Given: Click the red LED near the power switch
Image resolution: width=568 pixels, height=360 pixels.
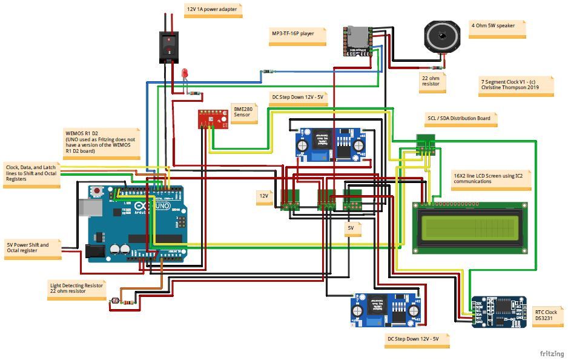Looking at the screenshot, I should tap(185, 74).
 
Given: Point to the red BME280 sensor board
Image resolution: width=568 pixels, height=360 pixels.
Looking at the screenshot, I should tap(213, 119).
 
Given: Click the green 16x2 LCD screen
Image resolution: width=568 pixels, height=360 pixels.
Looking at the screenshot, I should tap(470, 228).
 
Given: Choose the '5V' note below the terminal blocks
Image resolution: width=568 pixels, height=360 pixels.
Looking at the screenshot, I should tap(351, 228).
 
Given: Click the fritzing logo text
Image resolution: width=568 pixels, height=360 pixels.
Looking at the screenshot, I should tap(552, 353).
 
